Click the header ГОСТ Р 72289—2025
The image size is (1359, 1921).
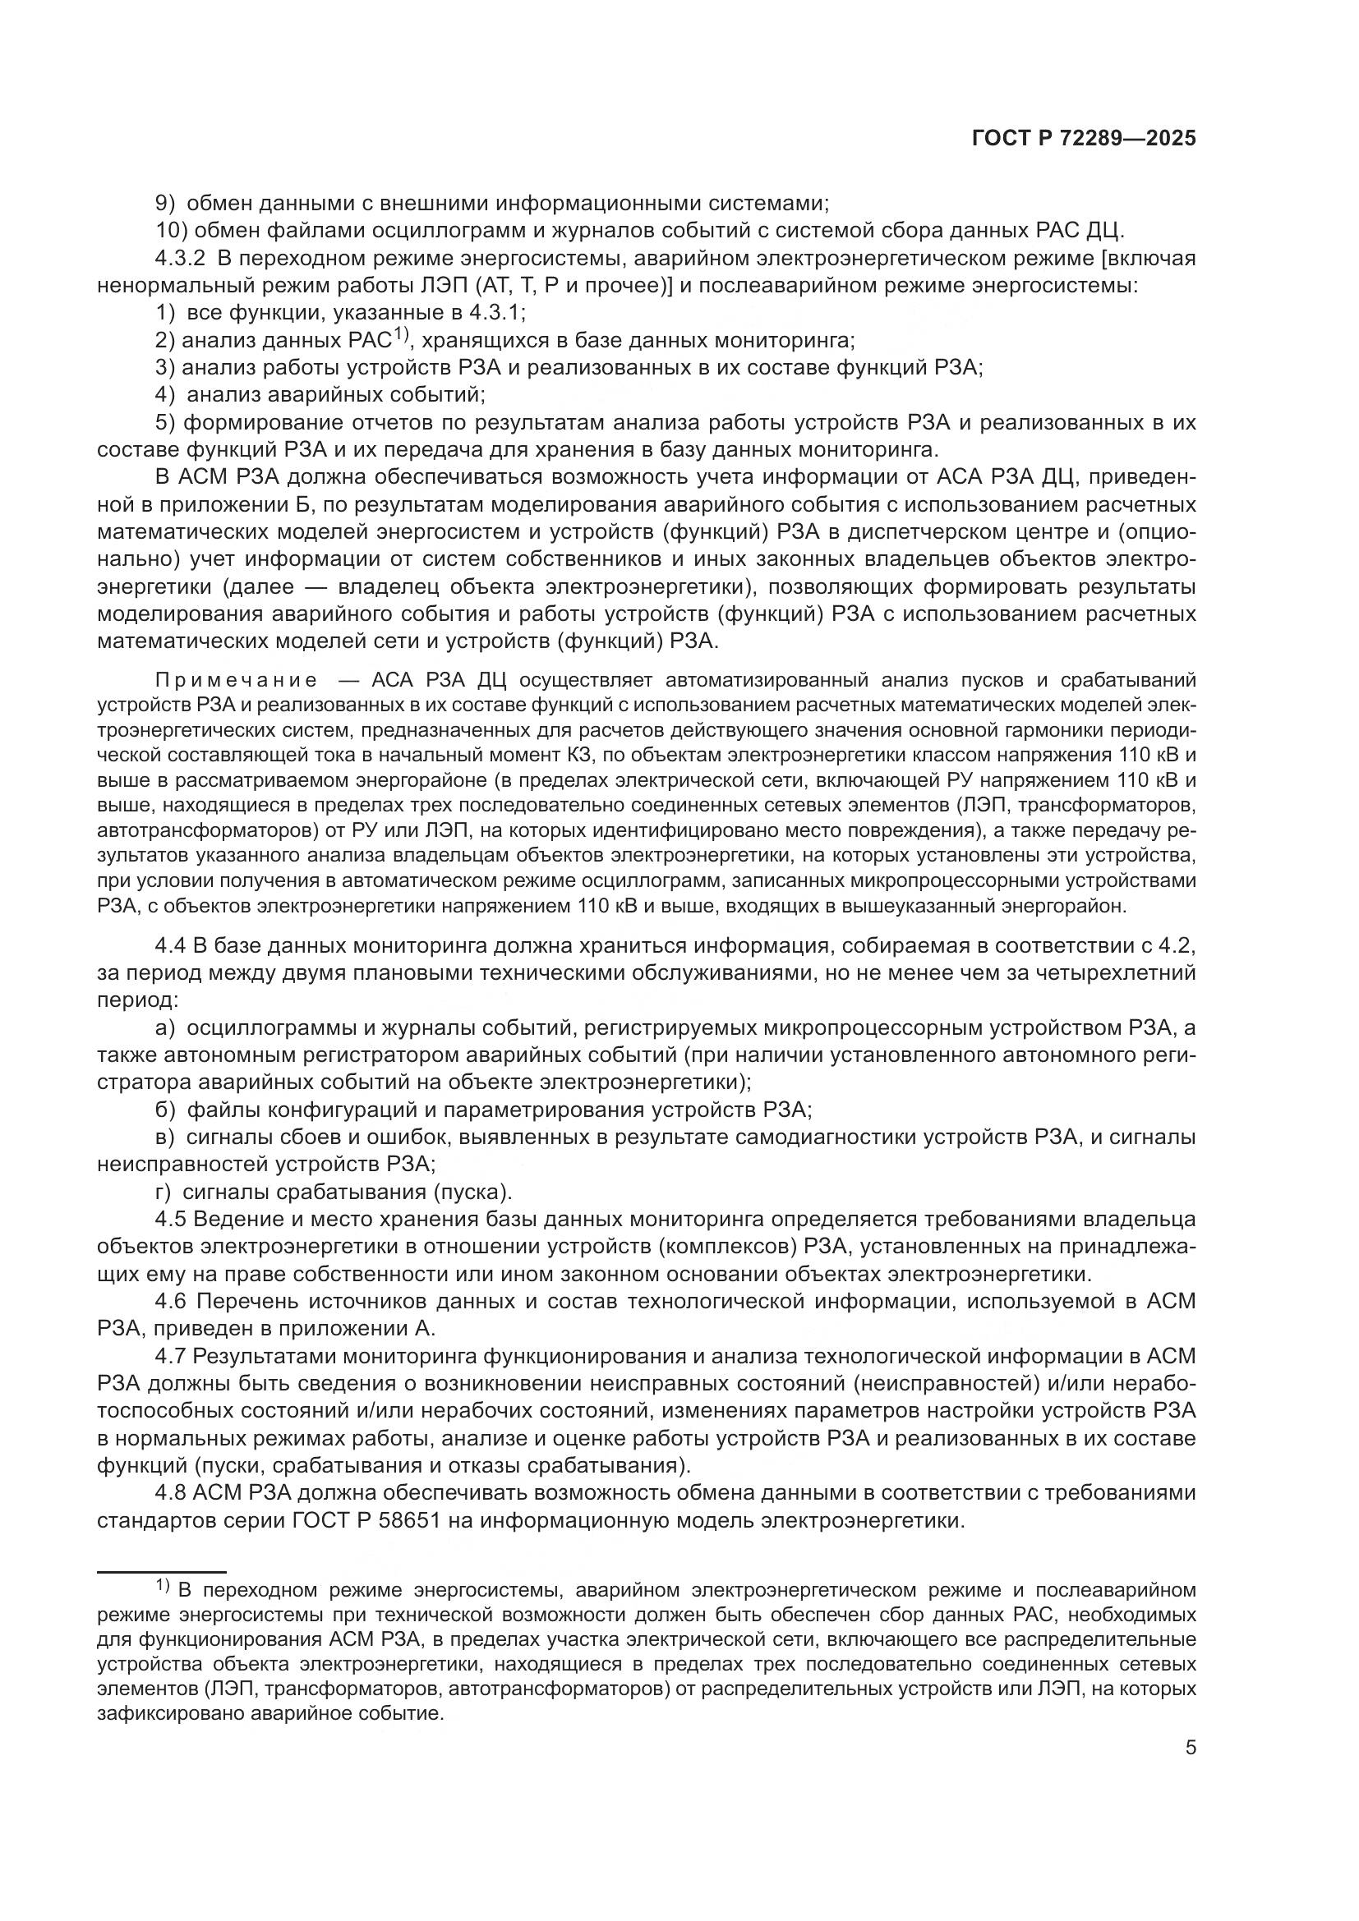pos(1084,139)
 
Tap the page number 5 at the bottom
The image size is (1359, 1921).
pos(1190,1748)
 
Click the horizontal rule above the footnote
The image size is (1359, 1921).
pos(162,1572)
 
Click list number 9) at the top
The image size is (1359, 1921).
pos(167,203)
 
